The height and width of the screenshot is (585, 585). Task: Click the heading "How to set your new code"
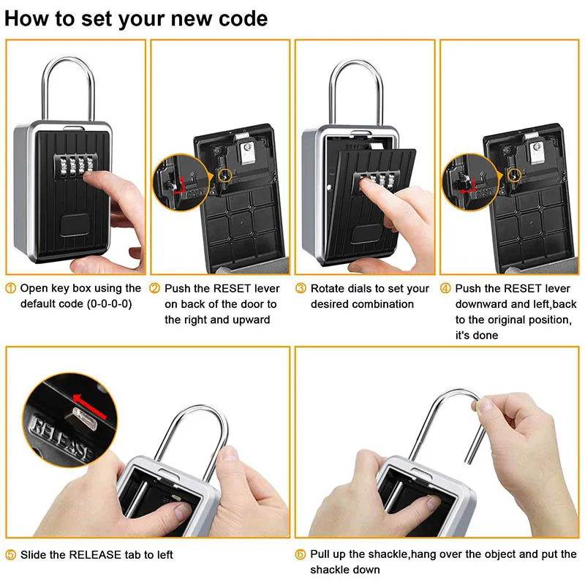pos(137,18)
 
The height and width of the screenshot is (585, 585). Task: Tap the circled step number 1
pos(11,289)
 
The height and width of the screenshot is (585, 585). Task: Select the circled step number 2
pos(155,289)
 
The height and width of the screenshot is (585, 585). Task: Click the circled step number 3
pos(301,289)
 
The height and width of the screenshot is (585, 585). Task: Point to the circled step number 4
pos(445,289)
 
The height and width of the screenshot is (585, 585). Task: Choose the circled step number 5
pos(11,555)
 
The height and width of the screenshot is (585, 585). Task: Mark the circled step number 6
pos(301,555)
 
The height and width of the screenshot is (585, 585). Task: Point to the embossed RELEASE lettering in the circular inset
pos(58,439)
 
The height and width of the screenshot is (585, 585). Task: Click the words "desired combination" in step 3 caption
pos(362,304)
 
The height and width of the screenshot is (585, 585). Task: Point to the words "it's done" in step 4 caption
pos(477,335)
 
